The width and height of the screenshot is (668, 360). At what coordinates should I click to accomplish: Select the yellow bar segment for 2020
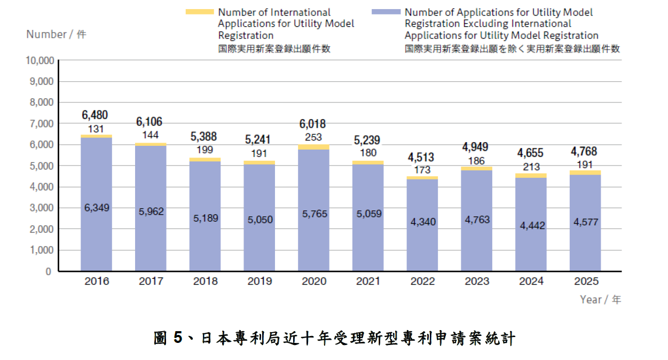coord(314,147)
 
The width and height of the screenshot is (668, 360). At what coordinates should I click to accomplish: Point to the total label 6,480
coord(95,115)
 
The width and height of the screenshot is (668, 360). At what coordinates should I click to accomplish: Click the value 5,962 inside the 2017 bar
coord(151,212)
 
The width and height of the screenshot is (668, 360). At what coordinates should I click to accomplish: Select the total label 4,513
coord(421,157)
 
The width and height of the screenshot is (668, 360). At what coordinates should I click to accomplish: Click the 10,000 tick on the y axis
coord(40,60)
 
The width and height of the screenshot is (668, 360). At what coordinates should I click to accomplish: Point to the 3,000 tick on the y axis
coord(41,208)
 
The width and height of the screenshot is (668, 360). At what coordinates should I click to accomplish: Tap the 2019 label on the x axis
coord(260,281)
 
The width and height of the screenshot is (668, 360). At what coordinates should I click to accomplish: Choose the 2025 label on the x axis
coord(586,281)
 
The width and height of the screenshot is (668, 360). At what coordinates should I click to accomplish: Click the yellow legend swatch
coord(199,12)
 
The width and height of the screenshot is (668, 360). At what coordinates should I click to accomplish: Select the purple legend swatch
coord(386,12)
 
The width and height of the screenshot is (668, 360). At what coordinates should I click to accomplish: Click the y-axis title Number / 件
coord(56,35)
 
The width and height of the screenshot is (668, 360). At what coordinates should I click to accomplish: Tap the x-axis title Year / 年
coord(601,300)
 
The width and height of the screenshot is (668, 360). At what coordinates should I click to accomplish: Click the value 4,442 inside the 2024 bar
coord(532,225)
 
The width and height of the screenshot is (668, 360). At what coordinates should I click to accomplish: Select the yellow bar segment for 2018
coord(205,159)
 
